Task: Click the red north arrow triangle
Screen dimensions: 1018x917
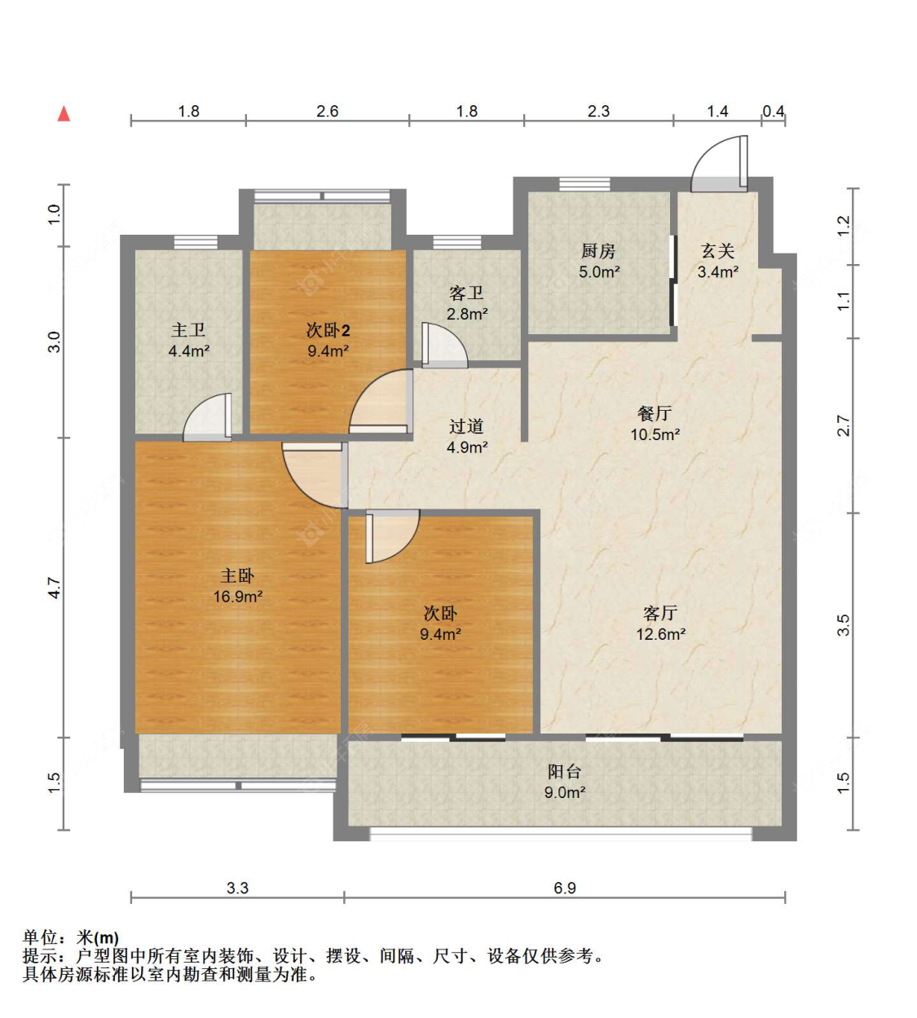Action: click(64, 114)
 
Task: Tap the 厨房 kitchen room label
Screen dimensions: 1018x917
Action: click(598, 251)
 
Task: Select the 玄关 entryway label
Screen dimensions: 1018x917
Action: click(717, 251)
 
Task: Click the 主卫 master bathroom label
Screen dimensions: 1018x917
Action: click(188, 330)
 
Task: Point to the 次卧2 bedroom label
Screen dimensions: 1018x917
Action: click(328, 330)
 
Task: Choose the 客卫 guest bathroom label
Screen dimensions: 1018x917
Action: click(466, 293)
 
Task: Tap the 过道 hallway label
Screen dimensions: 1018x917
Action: click(466, 426)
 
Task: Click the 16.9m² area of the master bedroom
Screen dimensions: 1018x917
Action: click(237, 597)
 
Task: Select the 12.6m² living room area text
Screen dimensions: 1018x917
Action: click(660, 634)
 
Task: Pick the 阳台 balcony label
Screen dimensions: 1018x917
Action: click(564, 771)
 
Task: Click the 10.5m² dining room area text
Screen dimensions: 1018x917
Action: click(655, 434)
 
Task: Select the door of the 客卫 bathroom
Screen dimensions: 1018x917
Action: click(443, 346)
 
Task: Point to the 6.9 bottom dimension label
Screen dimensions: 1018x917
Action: click(564, 888)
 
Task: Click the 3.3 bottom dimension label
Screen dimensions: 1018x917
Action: click(237, 888)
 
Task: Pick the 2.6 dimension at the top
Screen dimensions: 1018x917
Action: click(327, 111)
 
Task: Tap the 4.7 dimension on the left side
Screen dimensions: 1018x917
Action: click(54, 588)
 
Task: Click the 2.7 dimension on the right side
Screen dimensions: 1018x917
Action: click(844, 425)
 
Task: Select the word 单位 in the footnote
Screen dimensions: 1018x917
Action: click(40, 938)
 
